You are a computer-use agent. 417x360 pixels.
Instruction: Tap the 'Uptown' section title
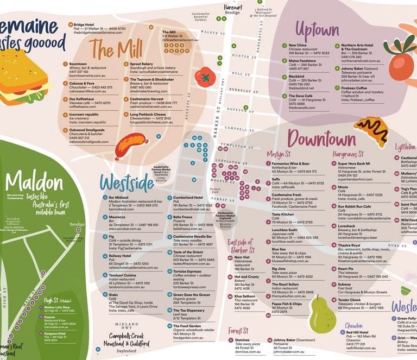317,29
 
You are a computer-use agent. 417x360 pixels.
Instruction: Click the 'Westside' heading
127,182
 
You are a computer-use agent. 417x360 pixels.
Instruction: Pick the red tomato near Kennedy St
205,77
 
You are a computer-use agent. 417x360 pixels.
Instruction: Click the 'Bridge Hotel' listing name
84,24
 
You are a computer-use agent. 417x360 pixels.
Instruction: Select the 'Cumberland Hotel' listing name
188,198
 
